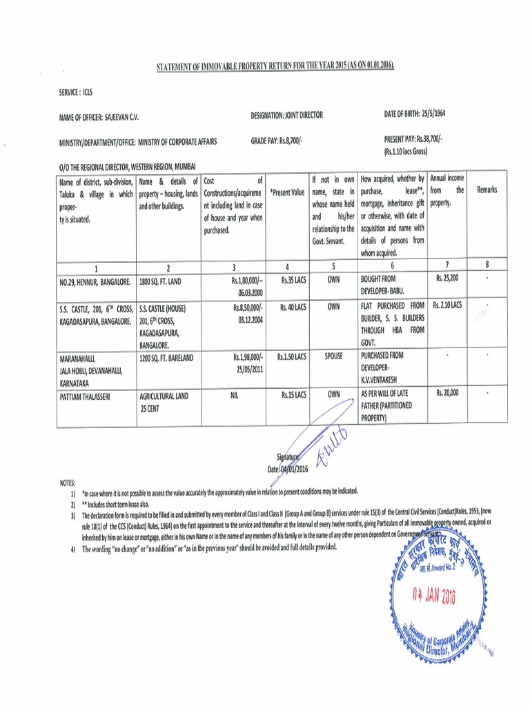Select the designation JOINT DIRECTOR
[301, 115]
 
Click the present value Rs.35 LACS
[293, 281]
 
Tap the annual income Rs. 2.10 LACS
[447, 304]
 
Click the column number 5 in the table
[333, 268]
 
